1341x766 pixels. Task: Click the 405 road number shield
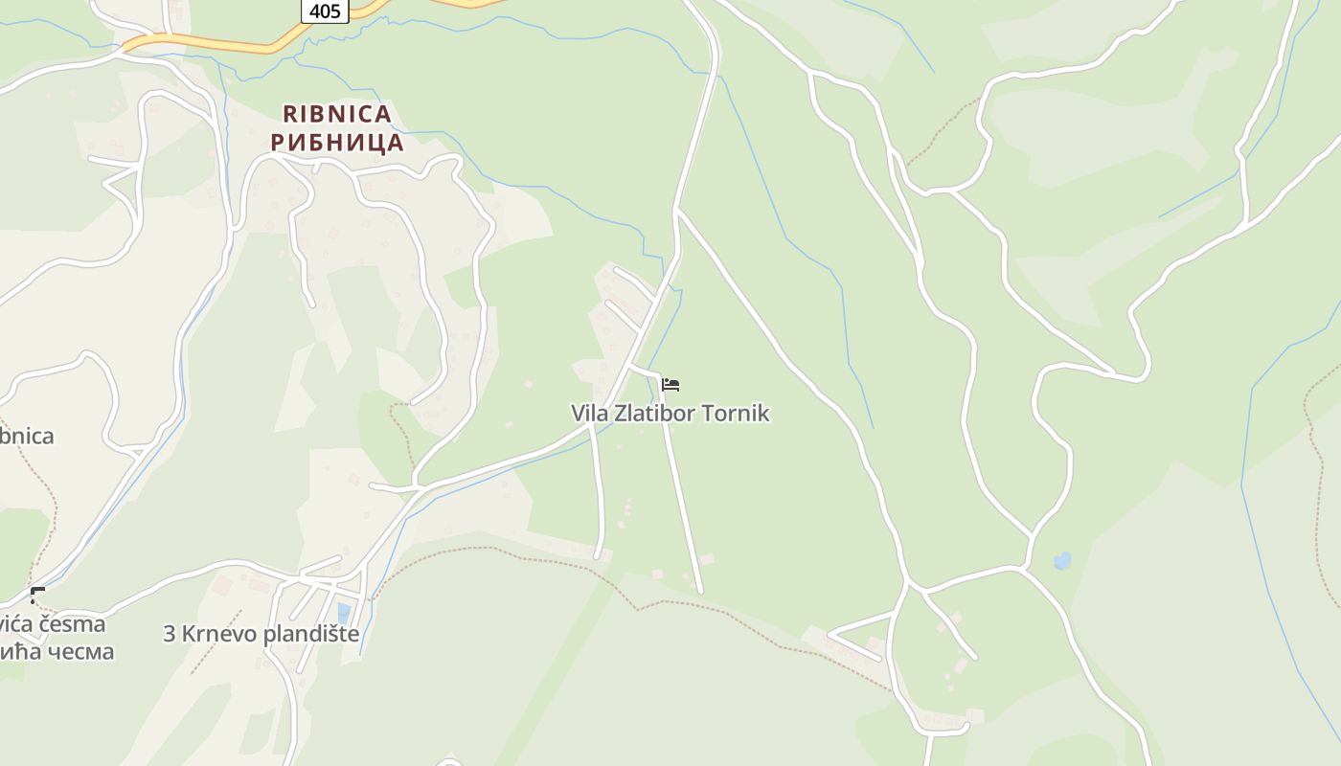[x=326, y=11]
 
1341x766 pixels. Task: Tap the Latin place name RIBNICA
[x=337, y=115]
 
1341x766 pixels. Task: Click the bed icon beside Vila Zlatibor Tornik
[x=670, y=385]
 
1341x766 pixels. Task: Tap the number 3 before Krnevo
[x=169, y=634]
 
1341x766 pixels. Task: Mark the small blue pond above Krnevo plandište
[x=344, y=612]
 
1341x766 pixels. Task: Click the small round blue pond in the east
[x=1062, y=561]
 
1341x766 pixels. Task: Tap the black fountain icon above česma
[x=37, y=596]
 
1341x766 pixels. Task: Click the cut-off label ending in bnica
[x=26, y=437]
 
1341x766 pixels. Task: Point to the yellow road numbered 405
[x=220, y=44]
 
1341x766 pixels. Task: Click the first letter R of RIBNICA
[x=290, y=115]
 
